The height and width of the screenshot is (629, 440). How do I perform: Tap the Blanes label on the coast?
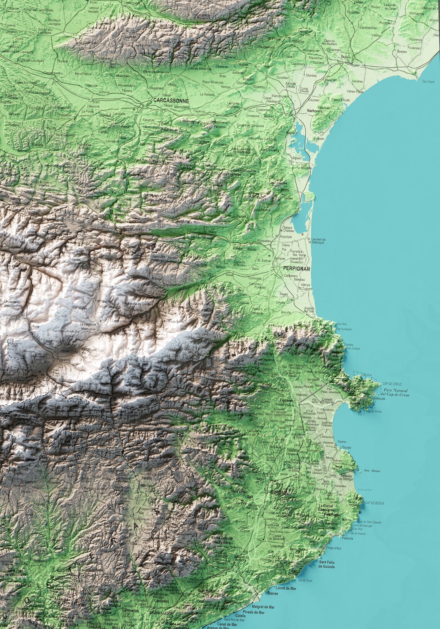272,593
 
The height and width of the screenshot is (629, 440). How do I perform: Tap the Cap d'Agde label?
428,82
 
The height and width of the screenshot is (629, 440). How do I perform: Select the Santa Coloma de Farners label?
221,540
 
